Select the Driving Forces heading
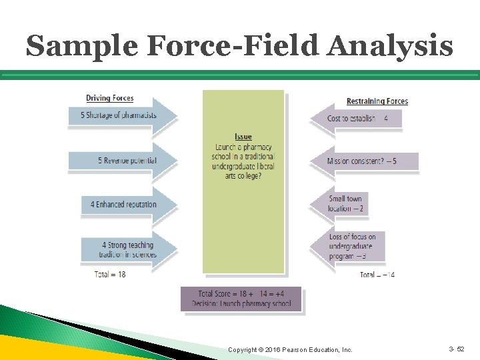[109, 99]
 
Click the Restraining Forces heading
[377, 101]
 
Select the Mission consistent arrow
[363, 161]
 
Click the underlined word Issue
[243, 137]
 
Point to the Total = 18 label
[110, 274]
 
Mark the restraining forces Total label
[377, 275]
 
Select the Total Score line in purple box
[241, 294]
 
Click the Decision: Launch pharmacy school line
[241, 304]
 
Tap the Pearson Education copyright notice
[290, 349]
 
